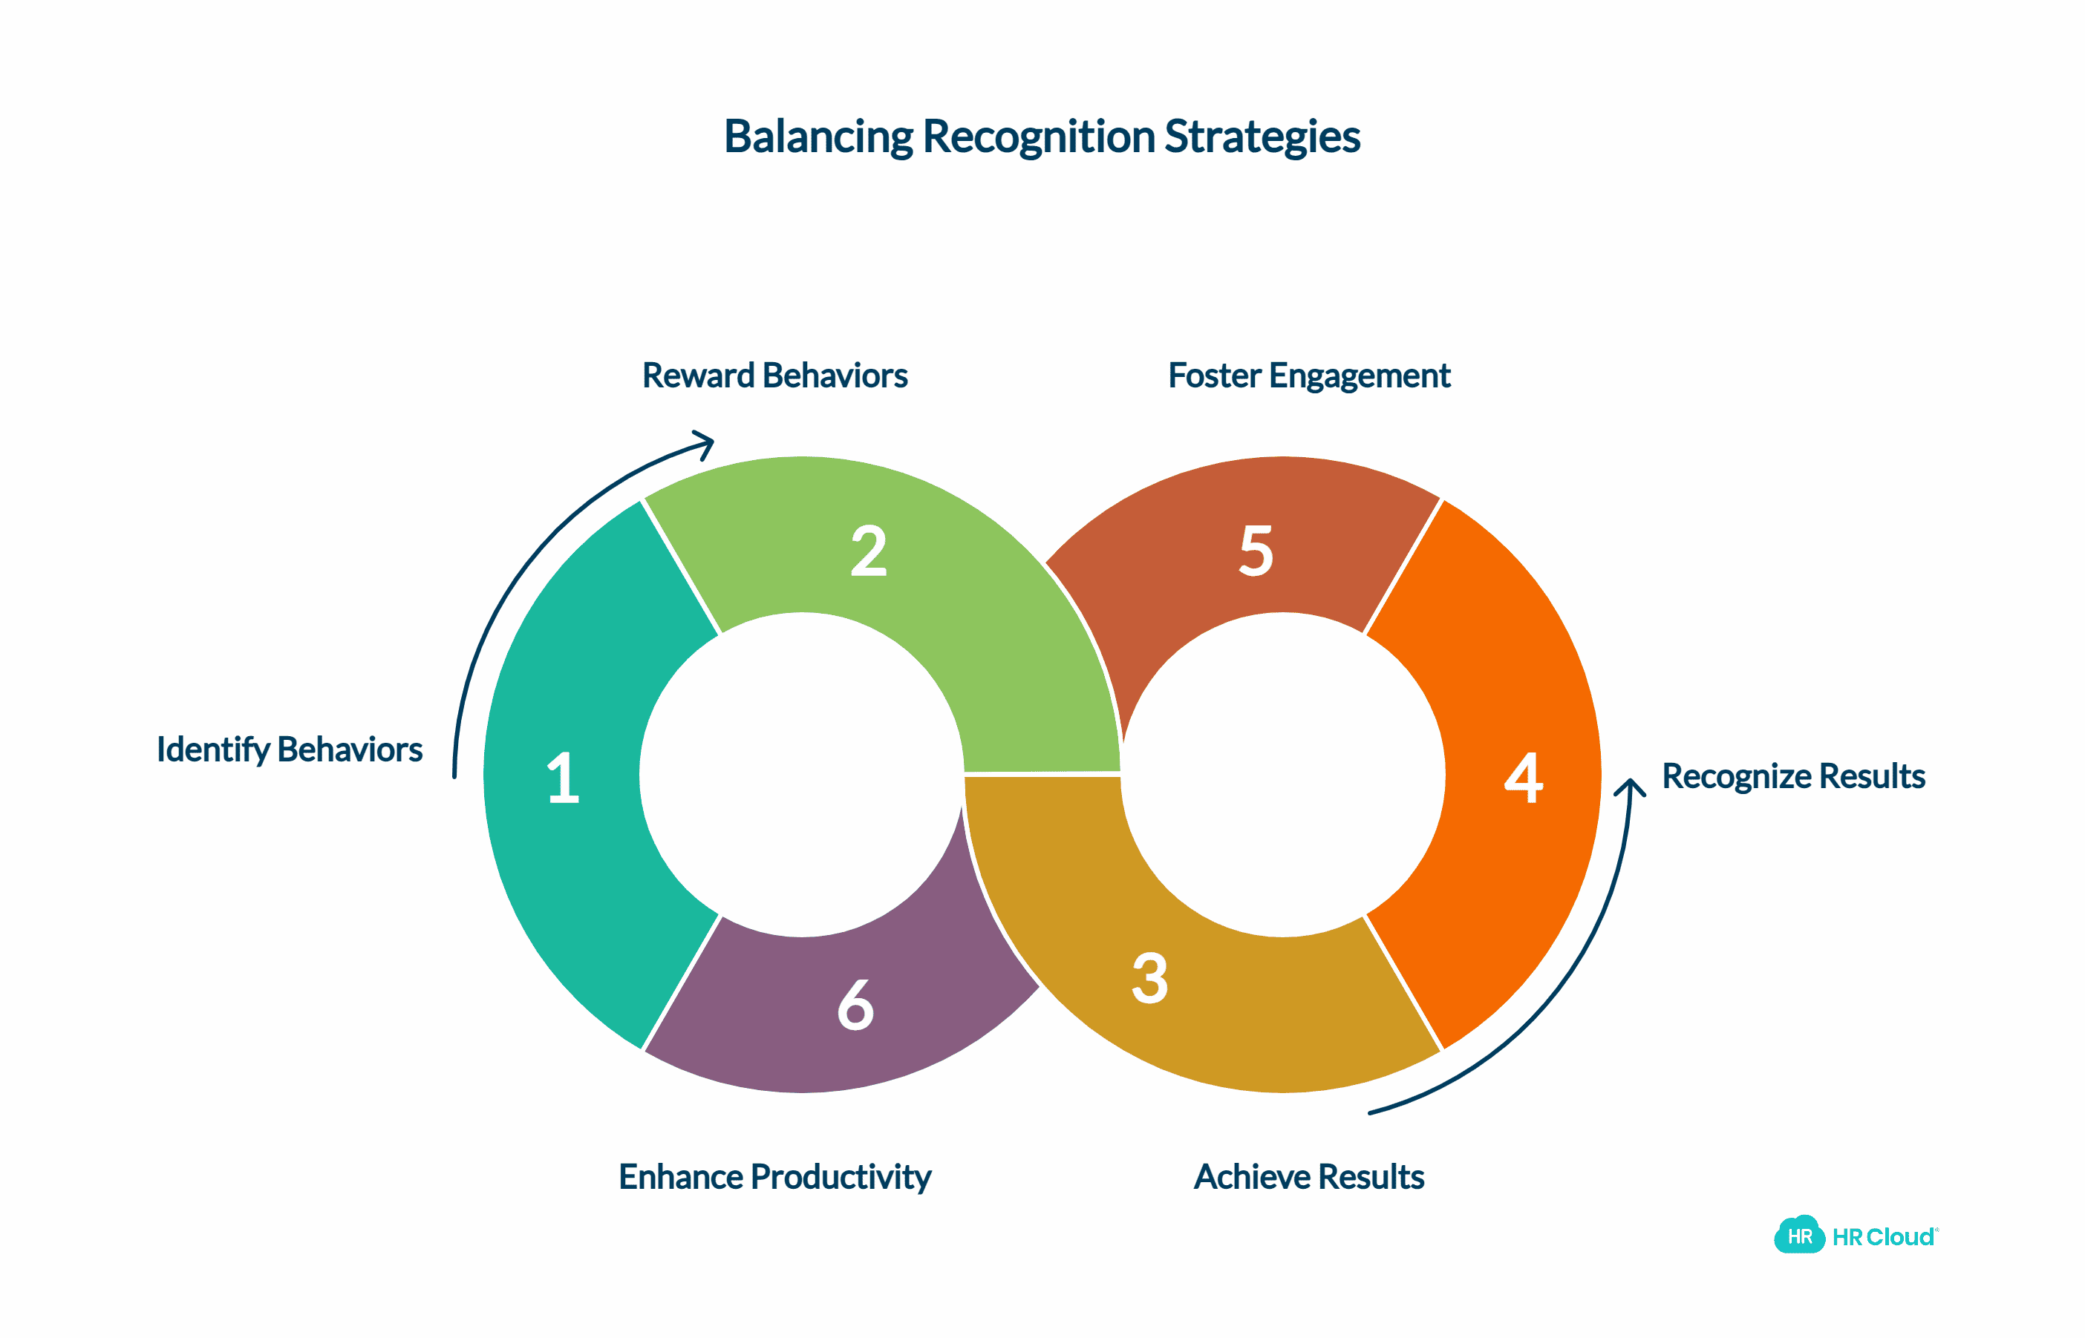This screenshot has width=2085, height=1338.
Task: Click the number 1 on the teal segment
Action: pyautogui.click(x=563, y=778)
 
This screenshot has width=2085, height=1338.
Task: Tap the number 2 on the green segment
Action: pyautogui.click(x=868, y=551)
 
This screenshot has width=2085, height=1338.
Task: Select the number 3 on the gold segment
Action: pyautogui.click(x=1150, y=978)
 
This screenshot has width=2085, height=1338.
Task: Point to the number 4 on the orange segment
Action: pyautogui.click(x=1524, y=778)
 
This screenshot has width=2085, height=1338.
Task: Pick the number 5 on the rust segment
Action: pyautogui.click(x=1256, y=551)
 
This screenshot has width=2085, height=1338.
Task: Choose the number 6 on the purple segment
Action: pyautogui.click(x=855, y=1006)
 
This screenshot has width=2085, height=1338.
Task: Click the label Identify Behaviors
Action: pyautogui.click(x=290, y=749)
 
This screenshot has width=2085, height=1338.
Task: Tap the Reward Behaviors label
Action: pyautogui.click(x=774, y=376)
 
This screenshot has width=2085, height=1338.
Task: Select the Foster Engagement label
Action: pyautogui.click(x=1309, y=376)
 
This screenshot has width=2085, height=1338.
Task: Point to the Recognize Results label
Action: pyautogui.click(x=1793, y=776)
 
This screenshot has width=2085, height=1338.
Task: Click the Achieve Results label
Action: pyautogui.click(x=1309, y=1176)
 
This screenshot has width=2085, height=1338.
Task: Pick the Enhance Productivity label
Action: pyautogui.click(x=774, y=1176)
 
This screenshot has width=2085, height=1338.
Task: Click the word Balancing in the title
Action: pyautogui.click(x=819, y=137)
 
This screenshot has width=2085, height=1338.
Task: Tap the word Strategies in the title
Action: pyautogui.click(x=1262, y=137)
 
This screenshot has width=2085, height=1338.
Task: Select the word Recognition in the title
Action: pyautogui.click(x=1040, y=137)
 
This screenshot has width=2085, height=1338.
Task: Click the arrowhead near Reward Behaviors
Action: pyautogui.click(x=705, y=442)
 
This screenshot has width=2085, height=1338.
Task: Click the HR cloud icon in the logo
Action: pyautogui.click(x=1798, y=1235)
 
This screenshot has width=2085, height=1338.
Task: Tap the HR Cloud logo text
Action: pyautogui.click(x=1882, y=1236)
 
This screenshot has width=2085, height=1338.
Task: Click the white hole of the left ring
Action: pyautogui.click(x=801, y=774)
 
